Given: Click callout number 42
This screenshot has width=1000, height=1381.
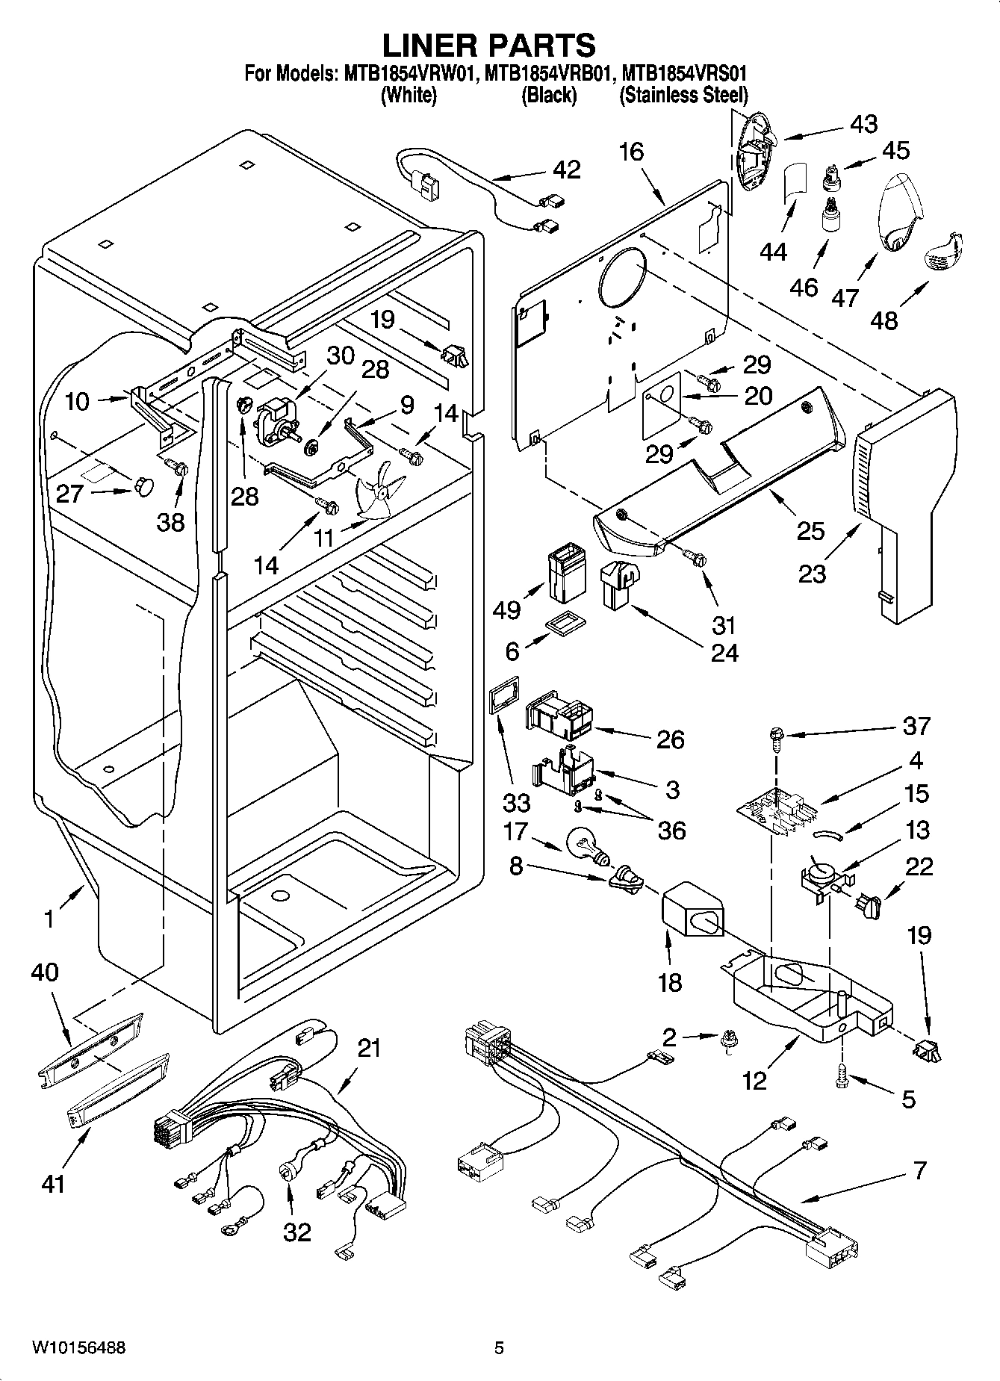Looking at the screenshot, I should [567, 170].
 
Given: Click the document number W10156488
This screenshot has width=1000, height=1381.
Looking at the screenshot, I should [78, 1348].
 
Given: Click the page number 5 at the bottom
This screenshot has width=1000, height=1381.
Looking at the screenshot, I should [499, 1348].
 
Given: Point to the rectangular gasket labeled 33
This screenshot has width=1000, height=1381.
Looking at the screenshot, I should [500, 700].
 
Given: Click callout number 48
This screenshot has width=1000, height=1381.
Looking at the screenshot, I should [884, 320].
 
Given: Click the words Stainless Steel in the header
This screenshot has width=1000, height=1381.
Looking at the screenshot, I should [684, 95].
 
